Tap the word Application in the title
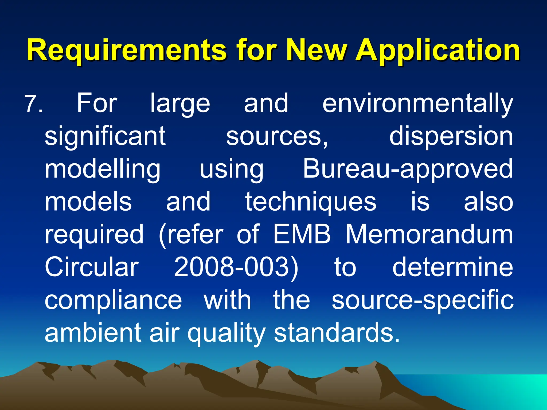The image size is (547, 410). click(438, 50)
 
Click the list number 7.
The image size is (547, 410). click(33, 104)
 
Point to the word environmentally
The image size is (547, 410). click(417, 104)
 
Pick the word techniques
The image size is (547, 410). click(311, 202)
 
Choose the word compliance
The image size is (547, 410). click(113, 300)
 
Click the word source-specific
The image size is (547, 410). click(423, 300)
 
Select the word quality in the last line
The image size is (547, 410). click(226, 333)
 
